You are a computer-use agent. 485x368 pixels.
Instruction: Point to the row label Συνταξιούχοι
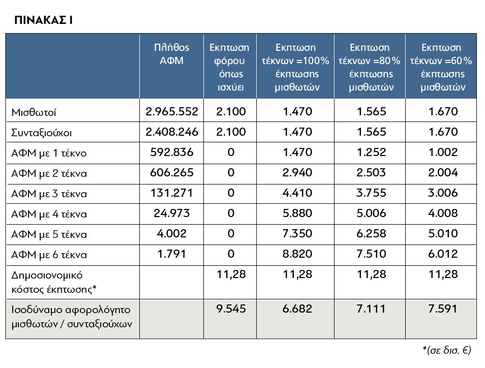tap(42, 133)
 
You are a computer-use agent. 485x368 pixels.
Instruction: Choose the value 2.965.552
tap(172, 111)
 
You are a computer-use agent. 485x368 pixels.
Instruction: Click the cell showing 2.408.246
tap(172, 132)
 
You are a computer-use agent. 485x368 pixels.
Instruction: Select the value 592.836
tap(172, 152)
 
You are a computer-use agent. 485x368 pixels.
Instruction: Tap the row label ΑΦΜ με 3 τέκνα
tap(49, 194)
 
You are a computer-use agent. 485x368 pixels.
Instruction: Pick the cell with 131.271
tap(172, 193)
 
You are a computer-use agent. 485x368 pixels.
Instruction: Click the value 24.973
tap(172, 213)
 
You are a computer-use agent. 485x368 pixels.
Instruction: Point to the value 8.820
tap(297, 254)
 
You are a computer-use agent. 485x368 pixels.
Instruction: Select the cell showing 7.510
tap(372, 254)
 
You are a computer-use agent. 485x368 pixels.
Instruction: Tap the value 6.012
tap(443, 254)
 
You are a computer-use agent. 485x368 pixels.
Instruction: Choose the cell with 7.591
tap(443, 309)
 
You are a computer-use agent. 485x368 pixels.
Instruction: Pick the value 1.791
tap(172, 254)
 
